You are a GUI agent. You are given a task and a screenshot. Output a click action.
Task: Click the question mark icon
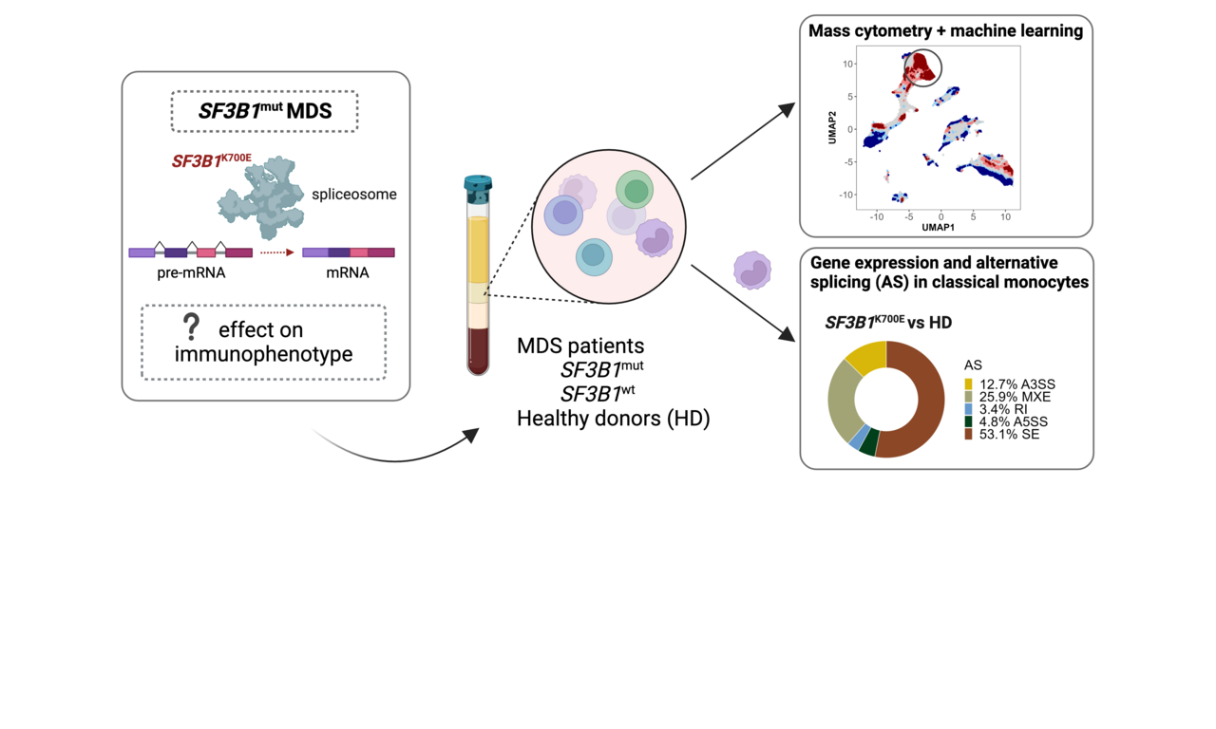[x=192, y=327]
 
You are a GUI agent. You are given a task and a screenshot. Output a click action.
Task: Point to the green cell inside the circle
[x=636, y=190]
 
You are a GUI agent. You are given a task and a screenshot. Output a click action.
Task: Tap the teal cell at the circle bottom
[x=594, y=255]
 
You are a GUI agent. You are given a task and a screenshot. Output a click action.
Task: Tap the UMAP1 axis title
[x=938, y=228]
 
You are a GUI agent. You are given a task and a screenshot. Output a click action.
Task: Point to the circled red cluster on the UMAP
[x=921, y=68]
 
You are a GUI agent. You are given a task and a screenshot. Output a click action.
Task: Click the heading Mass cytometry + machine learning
[x=945, y=31]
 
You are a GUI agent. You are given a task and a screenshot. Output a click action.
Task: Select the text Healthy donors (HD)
[x=613, y=418]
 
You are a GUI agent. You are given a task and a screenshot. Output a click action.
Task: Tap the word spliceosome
[x=354, y=195]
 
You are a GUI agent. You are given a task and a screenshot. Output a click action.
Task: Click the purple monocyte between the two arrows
[x=752, y=270]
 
